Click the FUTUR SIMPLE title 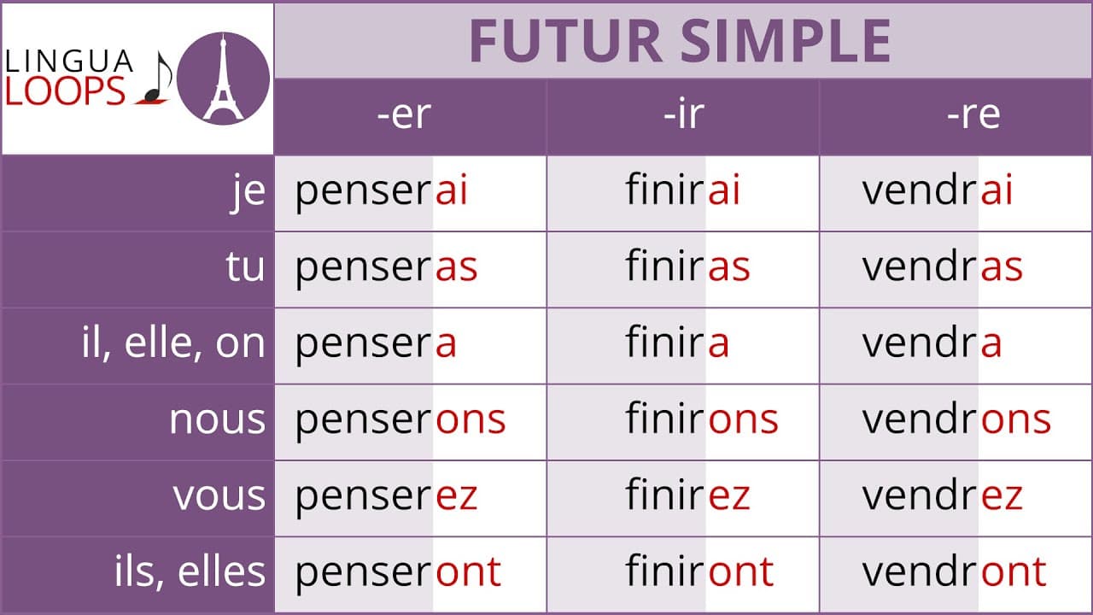pyautogui.click(x=681, y=41)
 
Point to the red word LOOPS pyautogui.click(x=66, y=91)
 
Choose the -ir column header pyautogui.click(x=683, y=115)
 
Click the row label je pyautogui.click(x=248, y=192)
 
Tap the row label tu pyautogui.click(x=245, y=268)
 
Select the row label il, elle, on pyautogui.click(x=173, y=344)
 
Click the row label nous pyautogui.click(x=217, y=420)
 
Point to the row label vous pyautogui.click(x=219, y=496)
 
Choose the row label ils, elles pyautogui.click(x=190, y=572)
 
